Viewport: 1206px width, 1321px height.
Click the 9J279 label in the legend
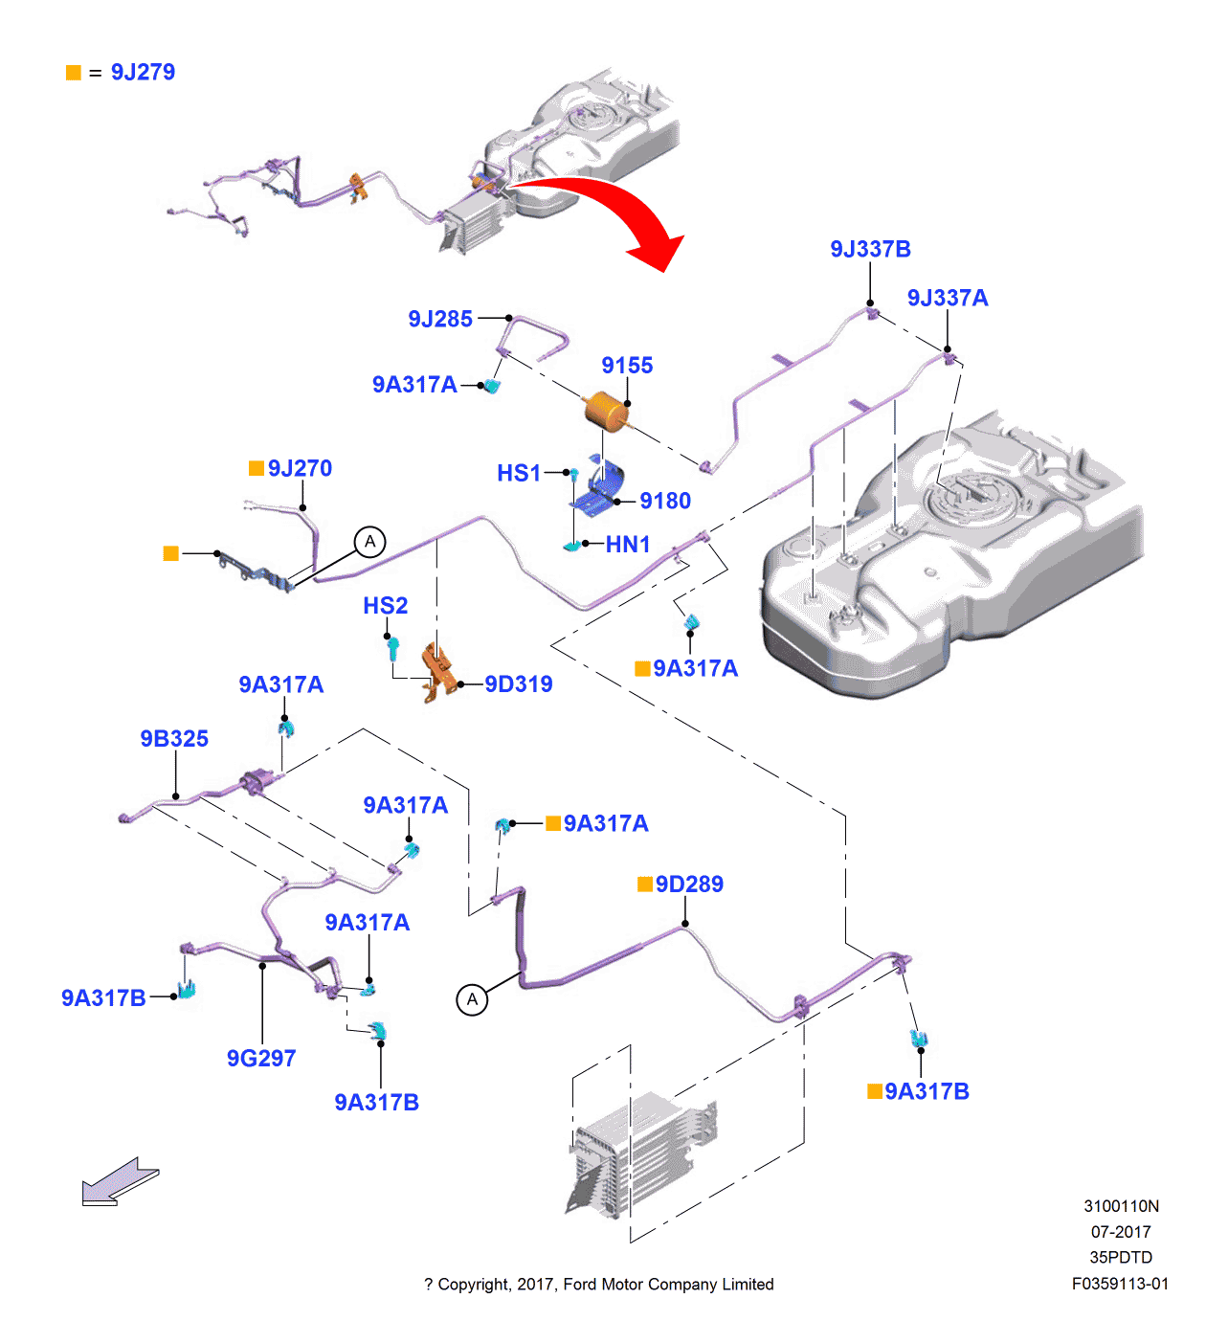(x=143, y=73)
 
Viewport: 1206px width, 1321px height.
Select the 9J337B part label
(x=870, y=250)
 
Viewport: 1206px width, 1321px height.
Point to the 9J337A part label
(x=947, y=299)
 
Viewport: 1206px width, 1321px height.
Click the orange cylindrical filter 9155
(x=605, y=411)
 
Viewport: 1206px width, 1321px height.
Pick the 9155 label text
(x=627, y=366)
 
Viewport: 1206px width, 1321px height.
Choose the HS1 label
(x=519, y=473)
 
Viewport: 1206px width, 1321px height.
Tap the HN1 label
(x=628, y=545)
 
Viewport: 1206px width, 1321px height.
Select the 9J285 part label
(x=440, y=320)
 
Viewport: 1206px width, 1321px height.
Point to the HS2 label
(x=385, y=606)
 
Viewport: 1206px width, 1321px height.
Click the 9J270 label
(x=300, y=469)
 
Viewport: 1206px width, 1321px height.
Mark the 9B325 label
(x=174, y=739)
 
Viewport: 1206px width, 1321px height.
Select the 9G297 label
(x=261, y=1059)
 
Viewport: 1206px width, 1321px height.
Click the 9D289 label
(x=689, y=884)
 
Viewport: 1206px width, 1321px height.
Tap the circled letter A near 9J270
(x=370, y=542)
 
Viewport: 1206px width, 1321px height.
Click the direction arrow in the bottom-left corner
(x=120, y=1181)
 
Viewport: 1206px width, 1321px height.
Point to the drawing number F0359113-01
(x=1120, y=1284)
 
